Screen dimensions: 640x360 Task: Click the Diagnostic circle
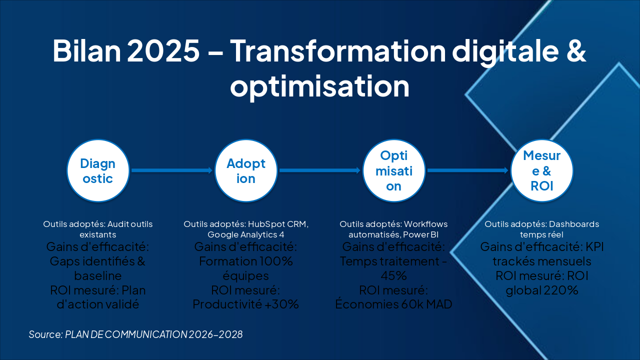coord(98,170)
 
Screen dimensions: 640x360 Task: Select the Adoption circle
coord(246,170)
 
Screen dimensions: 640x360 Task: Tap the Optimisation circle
coord(394,170)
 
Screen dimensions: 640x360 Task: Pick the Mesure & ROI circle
coord(542,170)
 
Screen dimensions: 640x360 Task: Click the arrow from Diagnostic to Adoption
coord(171,170)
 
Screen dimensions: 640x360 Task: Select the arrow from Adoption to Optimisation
coord(319,170)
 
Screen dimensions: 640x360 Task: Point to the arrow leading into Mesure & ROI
coord(467,170)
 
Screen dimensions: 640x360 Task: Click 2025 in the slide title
coord(163,50)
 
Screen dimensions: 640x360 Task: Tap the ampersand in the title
coord(576,50)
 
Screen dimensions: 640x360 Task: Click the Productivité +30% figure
coord(245,304)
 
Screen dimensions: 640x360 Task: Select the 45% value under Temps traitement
coord(393,275)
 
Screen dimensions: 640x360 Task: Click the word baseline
coord(97,275)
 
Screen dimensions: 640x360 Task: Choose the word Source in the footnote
coord(45,334)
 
